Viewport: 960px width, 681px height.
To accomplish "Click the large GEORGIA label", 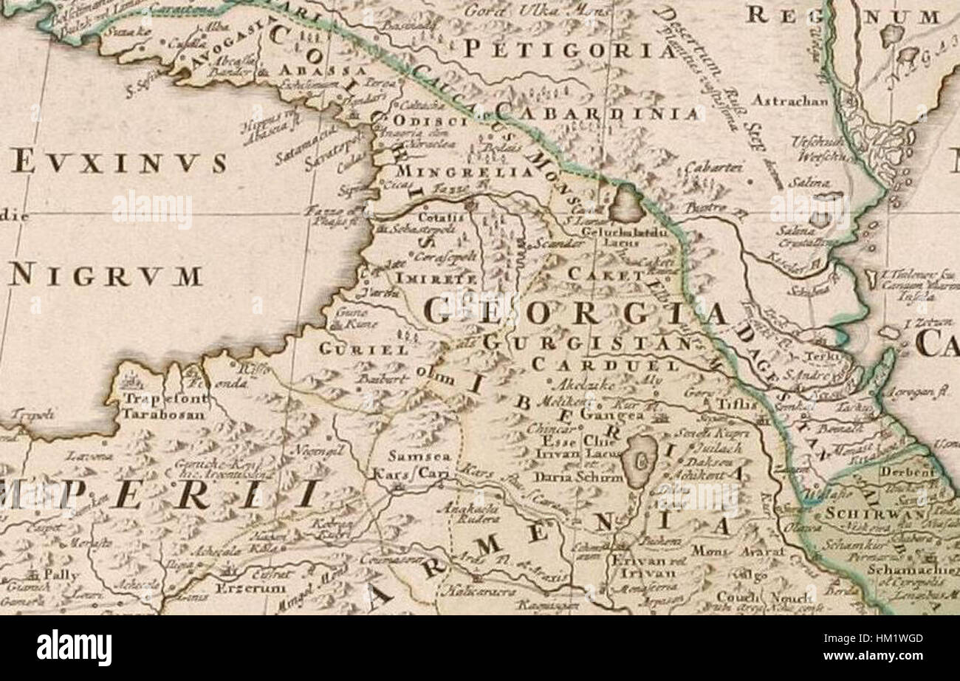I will (576, 312).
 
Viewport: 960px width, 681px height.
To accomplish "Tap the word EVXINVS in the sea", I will (119, 162).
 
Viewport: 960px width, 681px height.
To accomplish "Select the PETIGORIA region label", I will (569, 49).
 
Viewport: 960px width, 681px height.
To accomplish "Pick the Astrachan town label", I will (791, 100).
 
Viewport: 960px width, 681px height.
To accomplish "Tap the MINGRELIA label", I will (465, 172).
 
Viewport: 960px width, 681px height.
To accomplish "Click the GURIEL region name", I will (363, 349).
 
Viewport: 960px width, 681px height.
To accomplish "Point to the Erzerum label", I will (240, 588).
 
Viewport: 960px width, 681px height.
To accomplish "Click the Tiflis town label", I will (736, 404).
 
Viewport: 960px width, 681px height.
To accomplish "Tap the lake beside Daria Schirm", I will (640, 459).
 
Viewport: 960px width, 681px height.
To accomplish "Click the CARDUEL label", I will (605, 365).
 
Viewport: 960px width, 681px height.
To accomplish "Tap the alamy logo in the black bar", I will (74, 648).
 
